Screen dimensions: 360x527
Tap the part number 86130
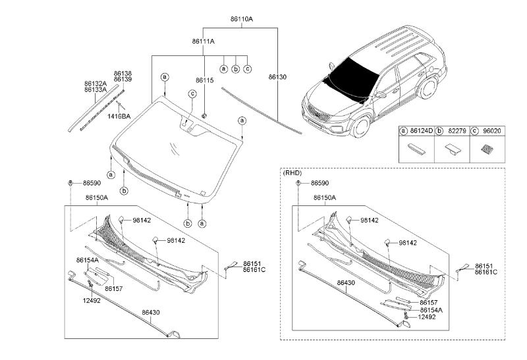[277, 77]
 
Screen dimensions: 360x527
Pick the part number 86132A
[95, 84]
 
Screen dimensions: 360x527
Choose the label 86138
[123, 73]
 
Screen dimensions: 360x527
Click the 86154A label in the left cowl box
[87, 260]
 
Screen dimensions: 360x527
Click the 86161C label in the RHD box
[485, 272]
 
